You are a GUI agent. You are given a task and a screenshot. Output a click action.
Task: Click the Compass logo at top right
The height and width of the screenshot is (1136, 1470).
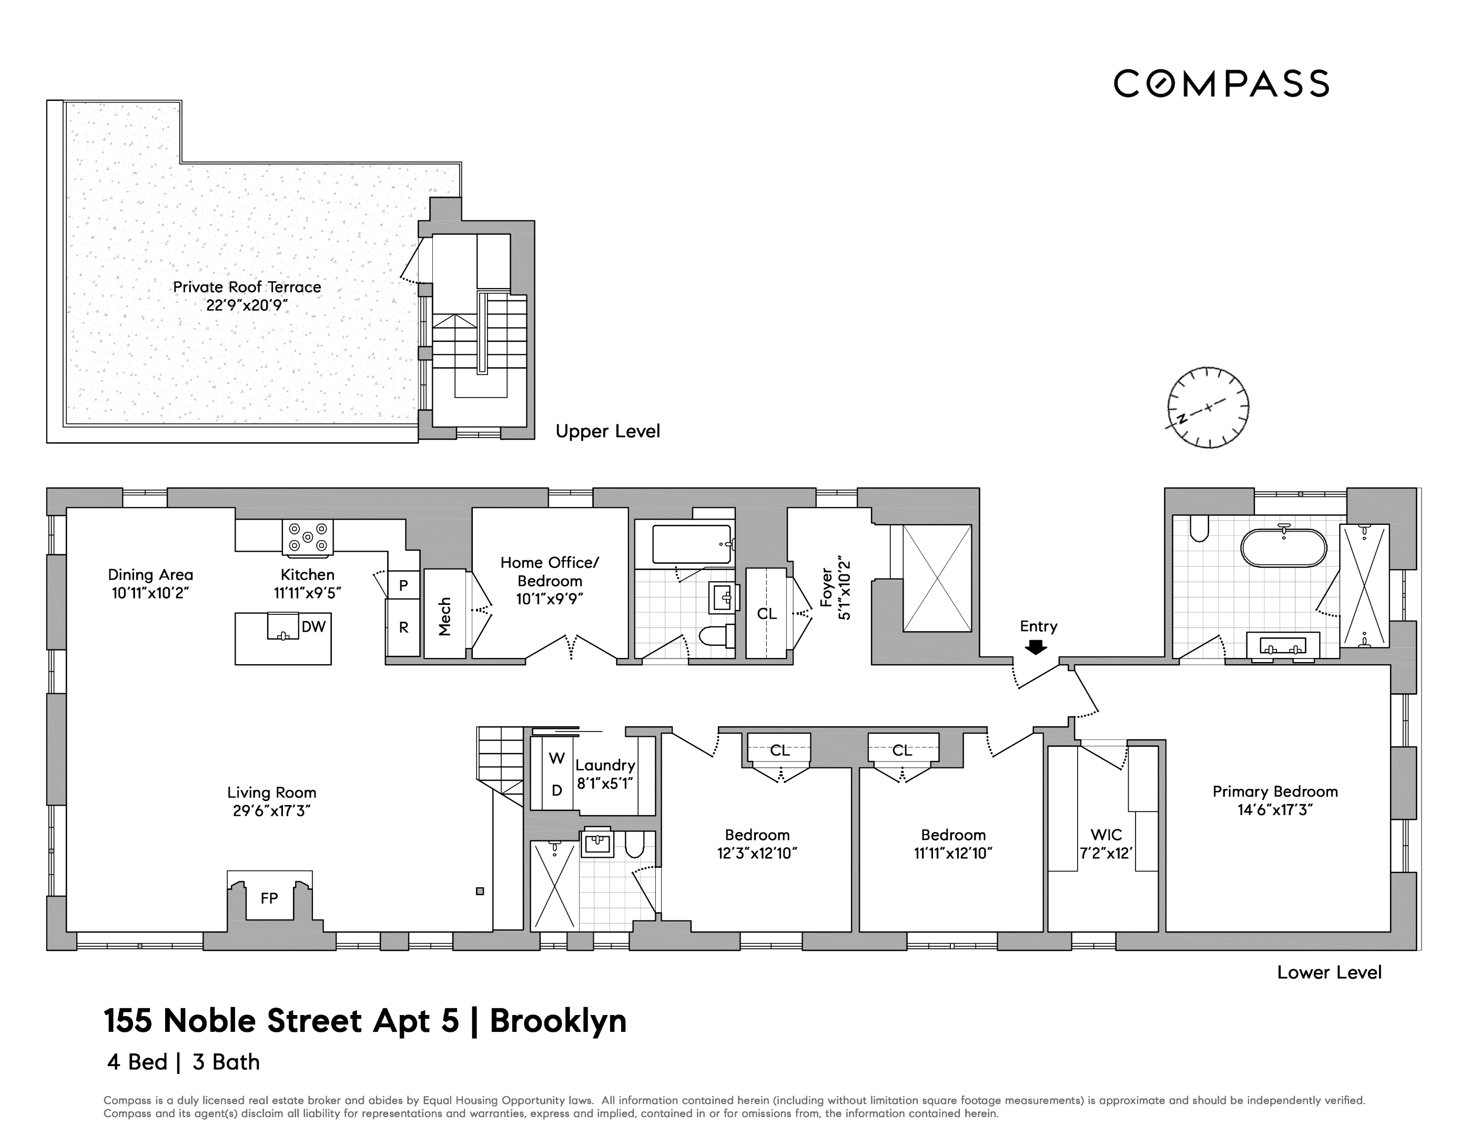tap(1220, 84)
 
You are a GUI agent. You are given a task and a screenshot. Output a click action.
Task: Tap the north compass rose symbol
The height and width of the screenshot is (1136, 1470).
tap(1208, 408)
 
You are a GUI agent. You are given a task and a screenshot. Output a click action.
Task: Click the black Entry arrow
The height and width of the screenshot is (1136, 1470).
tap(1035, 647)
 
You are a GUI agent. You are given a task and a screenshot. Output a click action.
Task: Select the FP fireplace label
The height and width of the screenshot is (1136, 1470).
tap(269, 898)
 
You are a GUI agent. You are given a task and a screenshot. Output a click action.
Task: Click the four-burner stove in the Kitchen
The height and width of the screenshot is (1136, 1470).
tap(308, 537)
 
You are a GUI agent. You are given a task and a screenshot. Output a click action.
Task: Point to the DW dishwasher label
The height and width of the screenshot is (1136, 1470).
tap(313, 626)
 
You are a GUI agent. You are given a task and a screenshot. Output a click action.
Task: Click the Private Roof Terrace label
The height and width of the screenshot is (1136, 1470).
tap(247, 287)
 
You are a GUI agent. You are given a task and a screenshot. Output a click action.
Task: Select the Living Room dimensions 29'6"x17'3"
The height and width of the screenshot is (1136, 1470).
tap(271, 811)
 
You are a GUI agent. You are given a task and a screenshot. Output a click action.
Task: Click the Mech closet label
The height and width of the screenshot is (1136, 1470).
tap(444, 616)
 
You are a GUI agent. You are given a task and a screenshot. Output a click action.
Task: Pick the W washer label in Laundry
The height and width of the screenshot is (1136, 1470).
tap(556, 758)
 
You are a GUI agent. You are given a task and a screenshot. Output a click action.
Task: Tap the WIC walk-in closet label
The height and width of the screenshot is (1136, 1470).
tap(1106, 835)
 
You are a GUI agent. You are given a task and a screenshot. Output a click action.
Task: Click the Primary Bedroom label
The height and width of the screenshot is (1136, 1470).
tap(1275, 792)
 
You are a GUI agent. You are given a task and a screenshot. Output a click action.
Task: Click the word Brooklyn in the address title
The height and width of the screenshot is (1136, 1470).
tap(558, 1021)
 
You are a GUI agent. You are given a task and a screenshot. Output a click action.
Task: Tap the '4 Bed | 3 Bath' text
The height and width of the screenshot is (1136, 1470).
tap(183, 1062)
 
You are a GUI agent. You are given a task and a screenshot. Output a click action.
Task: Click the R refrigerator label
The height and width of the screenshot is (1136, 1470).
tap(404, 627)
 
